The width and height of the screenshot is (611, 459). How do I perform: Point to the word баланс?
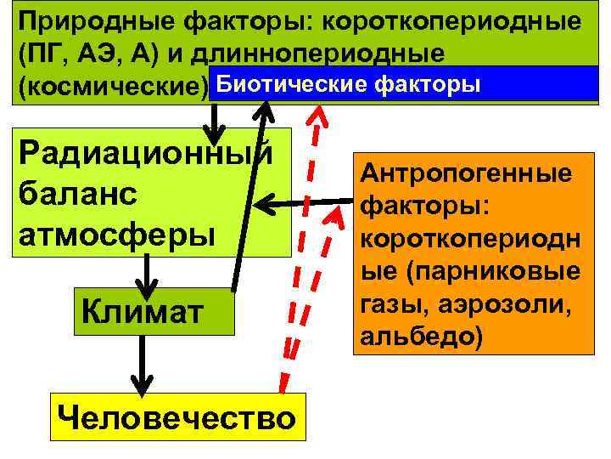(77, 192)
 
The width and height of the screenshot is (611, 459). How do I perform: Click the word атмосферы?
(110, 231)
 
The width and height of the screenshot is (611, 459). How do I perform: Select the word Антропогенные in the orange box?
(466, 174)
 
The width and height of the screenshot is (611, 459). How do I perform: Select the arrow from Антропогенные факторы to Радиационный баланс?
(305, 203)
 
